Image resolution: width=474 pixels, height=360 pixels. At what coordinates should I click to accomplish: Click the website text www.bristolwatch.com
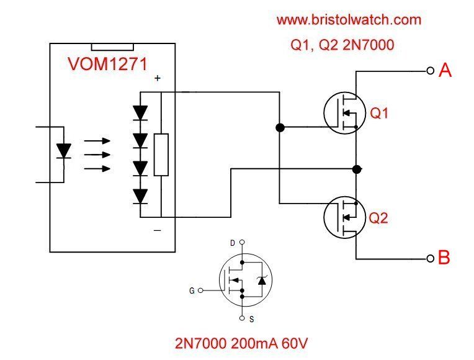349,20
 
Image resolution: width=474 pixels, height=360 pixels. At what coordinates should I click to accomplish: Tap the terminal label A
445,71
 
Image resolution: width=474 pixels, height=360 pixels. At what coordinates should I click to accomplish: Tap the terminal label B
444,258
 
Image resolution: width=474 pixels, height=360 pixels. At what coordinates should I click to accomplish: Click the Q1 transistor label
380,114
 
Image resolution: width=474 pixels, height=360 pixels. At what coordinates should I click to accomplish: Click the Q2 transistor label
380,218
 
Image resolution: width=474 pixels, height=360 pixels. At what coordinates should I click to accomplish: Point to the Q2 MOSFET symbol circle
343,217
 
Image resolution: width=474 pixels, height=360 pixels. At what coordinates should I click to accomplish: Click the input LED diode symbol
63,151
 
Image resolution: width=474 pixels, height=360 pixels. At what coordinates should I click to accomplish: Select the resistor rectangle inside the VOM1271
161,155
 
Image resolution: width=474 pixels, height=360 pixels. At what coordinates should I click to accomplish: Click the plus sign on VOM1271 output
158,78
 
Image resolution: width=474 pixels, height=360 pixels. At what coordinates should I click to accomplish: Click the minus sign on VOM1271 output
158,230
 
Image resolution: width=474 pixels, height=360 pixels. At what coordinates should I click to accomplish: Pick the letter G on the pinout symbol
192,289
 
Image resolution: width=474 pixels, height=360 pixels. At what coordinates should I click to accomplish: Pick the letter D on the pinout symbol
233,243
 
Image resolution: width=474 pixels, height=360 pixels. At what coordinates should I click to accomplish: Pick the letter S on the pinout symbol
251,319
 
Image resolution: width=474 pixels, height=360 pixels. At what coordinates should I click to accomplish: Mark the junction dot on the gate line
280,128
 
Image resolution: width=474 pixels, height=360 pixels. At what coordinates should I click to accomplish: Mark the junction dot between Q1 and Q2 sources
357,169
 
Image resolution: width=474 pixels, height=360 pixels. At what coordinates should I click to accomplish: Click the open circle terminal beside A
430,71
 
